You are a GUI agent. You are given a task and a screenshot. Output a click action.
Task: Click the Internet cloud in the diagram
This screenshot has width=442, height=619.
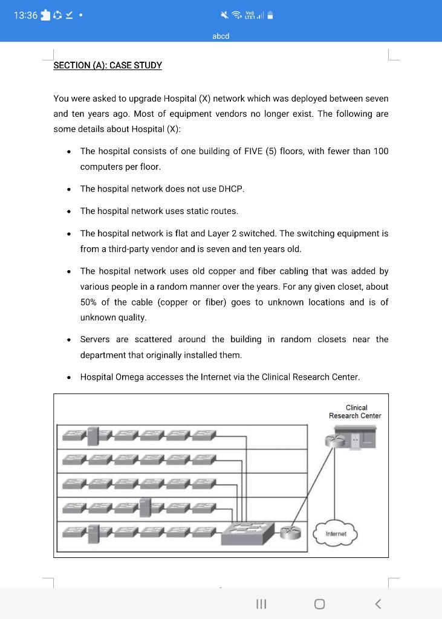tap(336, 533)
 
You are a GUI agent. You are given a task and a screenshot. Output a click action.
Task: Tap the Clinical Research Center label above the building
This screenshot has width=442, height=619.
tap(355, 412)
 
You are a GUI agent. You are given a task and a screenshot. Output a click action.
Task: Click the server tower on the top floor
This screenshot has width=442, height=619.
tap(93, 435)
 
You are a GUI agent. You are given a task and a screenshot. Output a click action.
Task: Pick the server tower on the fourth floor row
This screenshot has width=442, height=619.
tap(146, 505)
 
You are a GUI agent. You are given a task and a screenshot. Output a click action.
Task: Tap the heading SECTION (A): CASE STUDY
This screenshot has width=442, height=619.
tap(108, 65)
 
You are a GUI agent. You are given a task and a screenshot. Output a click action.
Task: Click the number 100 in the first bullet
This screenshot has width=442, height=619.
tap(380, 151)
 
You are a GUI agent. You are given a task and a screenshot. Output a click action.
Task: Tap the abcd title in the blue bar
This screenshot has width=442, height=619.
tap(221, 36)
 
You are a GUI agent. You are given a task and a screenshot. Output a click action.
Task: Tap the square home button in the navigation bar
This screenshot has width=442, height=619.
tap(319, 604)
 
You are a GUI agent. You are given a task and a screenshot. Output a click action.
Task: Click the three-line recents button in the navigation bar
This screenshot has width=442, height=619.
tap(262, 604)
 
